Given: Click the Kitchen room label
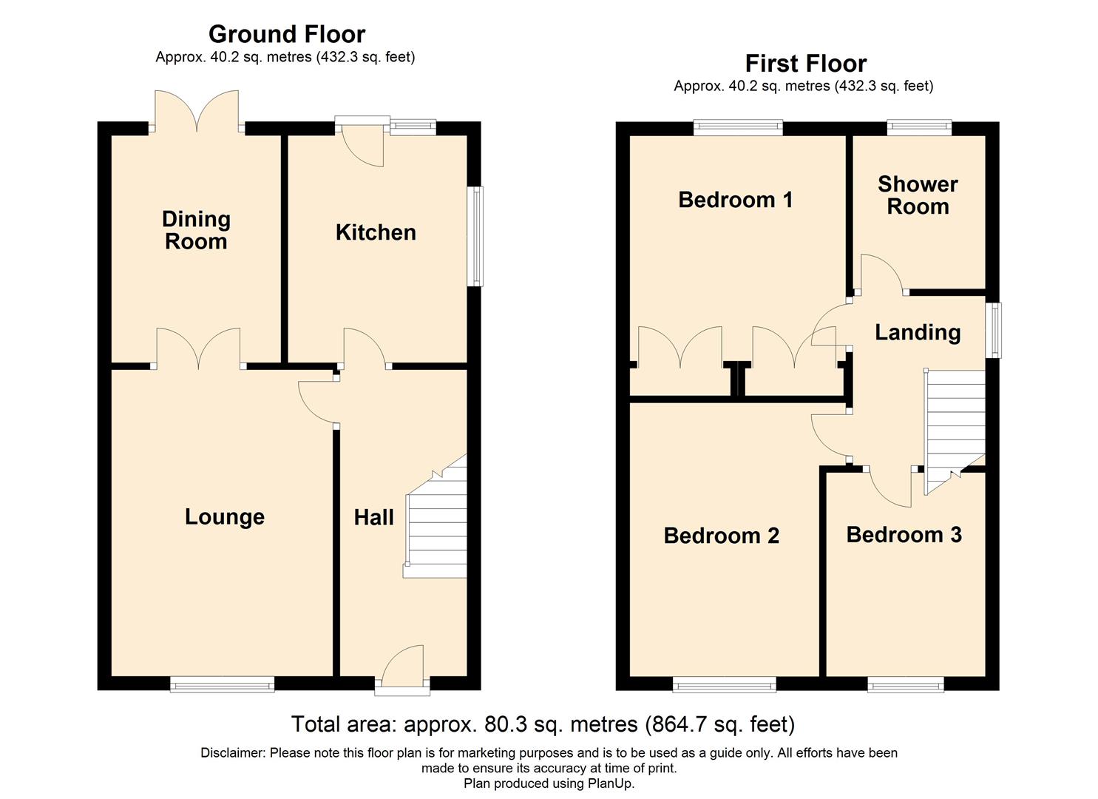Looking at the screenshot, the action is click(x=376, y=232).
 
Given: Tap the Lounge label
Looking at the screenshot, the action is click(x=225, y=517).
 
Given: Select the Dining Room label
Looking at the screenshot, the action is click(x=196, y=230).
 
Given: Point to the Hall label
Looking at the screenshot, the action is click(x=374, y=517).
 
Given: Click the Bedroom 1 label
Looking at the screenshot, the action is click(x=735, y=200).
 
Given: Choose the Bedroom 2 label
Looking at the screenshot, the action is click(x=722, y=536).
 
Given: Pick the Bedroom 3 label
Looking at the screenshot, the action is click(x=904, y=535).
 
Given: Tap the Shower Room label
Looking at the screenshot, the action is click(x=918, y=195).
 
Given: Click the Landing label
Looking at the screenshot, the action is click(x=918, y=333).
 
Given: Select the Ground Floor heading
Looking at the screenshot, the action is click(x=287, y=34).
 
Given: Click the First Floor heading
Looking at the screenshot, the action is click(x=806, y=64).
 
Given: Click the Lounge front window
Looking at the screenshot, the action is click(x=222, y=685).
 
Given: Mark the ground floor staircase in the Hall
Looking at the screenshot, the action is click(x=435, y=516).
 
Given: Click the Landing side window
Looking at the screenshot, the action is click(x=993, y=331).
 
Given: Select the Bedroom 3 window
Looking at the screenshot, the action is click(x=906, y=685).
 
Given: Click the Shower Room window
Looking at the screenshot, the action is click(x=920, y=128).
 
